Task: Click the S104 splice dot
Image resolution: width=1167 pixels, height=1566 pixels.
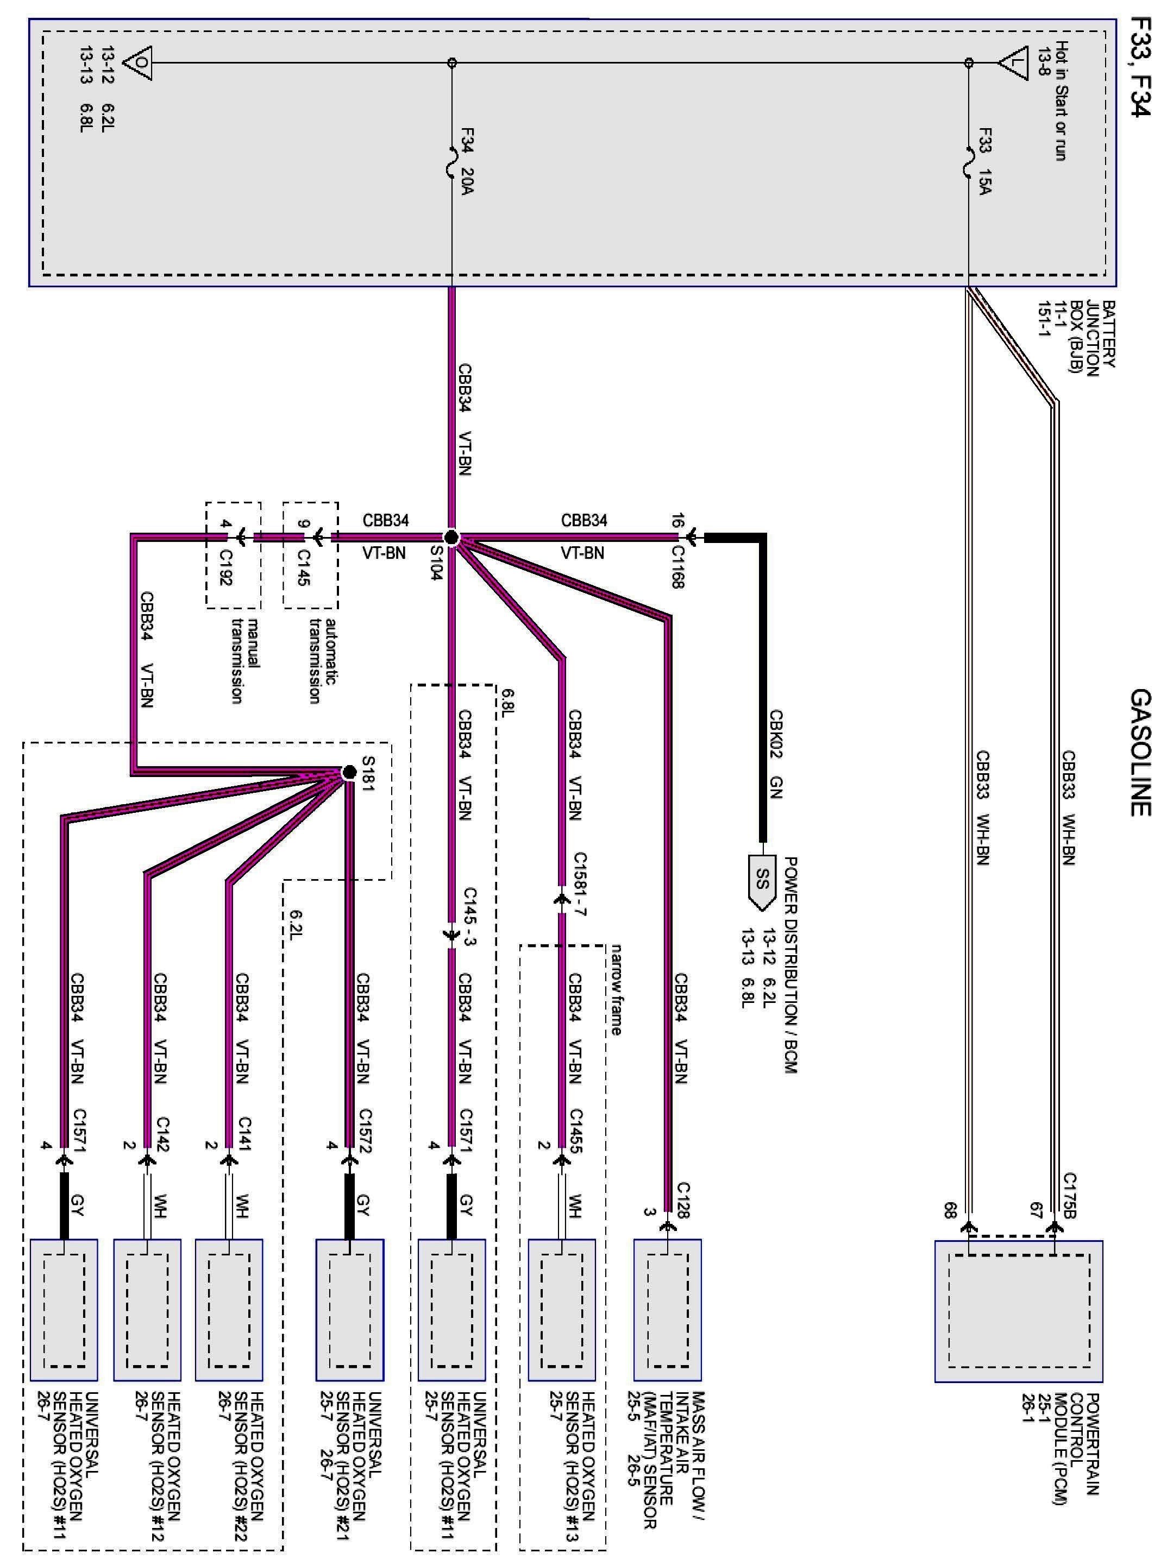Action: pyautogui.click(x=452, y=538)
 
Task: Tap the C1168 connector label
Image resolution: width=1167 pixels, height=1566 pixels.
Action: pyautogui.click(x=677, y=566)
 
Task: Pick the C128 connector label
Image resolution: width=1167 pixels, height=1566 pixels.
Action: pyautogui.click(x=683, y=1199)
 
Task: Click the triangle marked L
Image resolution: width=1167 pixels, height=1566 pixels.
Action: pyautogui.click(x=1015, y=62)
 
